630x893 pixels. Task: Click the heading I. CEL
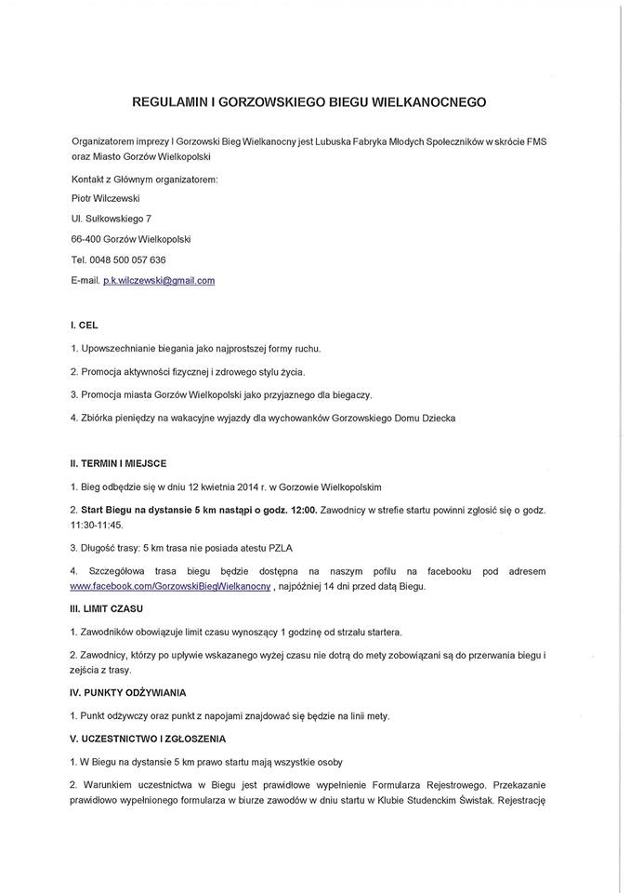[x=85, y=327]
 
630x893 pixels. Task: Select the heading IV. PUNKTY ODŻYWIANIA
[x=128, y=693]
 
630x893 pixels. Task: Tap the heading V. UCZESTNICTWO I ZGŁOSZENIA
[x=148, y=739]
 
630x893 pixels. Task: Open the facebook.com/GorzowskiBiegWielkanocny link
[x=170, y=589]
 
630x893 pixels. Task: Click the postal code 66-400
[x=86, y=239]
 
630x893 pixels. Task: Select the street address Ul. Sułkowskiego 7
[x=112, y=219]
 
